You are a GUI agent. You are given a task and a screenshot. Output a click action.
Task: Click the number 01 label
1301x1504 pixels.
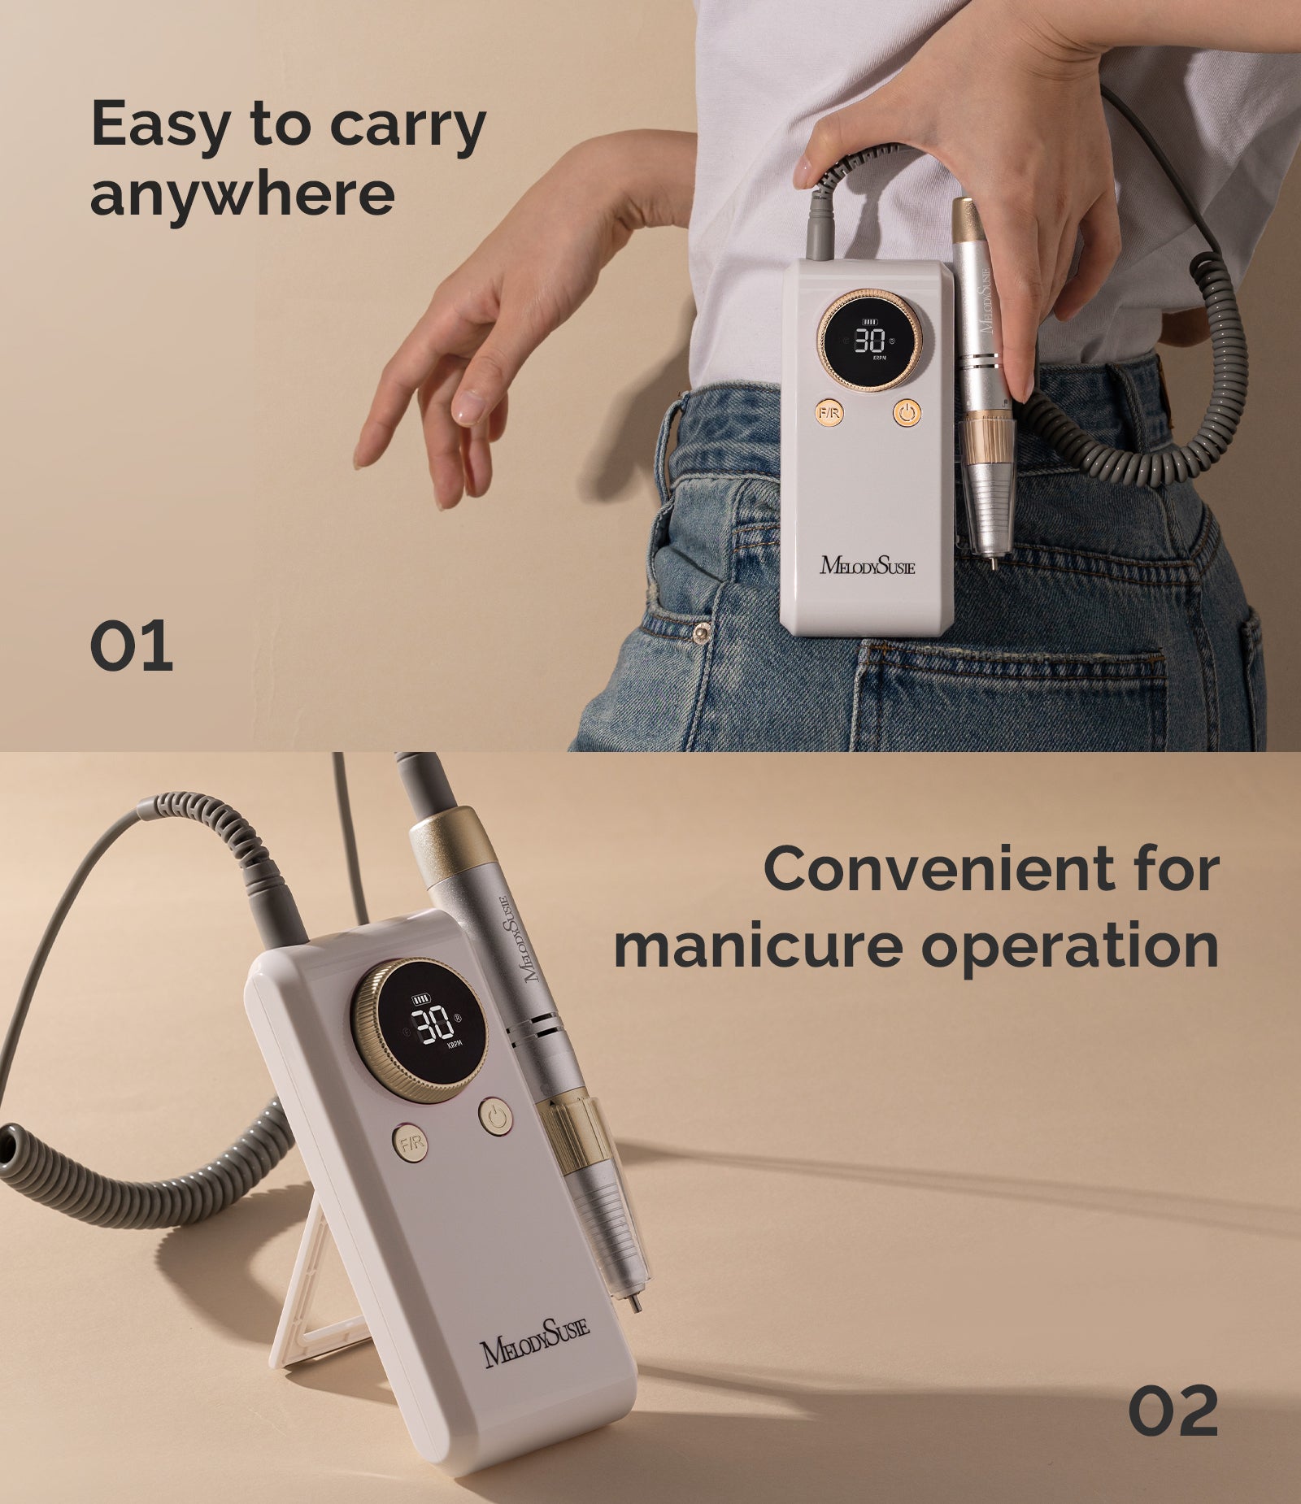tap(131, 646)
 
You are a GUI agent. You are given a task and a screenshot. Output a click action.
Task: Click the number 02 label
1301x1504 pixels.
tap(1173, 1411)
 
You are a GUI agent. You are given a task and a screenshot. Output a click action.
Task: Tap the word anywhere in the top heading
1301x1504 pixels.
tap(242, 195)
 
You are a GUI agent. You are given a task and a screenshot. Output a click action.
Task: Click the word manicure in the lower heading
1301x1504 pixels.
tap(755, 946)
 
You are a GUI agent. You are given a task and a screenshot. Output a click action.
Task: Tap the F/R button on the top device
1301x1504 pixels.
tap(829, 414)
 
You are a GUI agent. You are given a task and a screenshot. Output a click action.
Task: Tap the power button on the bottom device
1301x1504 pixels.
tap(496, 1117)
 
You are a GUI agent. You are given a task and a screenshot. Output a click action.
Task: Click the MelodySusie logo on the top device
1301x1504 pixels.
tap(867, 564)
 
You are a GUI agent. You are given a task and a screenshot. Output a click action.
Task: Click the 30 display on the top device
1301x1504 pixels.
tap(869, 340)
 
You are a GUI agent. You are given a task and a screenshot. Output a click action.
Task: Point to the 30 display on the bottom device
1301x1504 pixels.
tap(430, 1028)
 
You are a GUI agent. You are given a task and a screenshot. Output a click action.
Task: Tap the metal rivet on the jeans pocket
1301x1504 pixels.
tap(700, 632)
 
